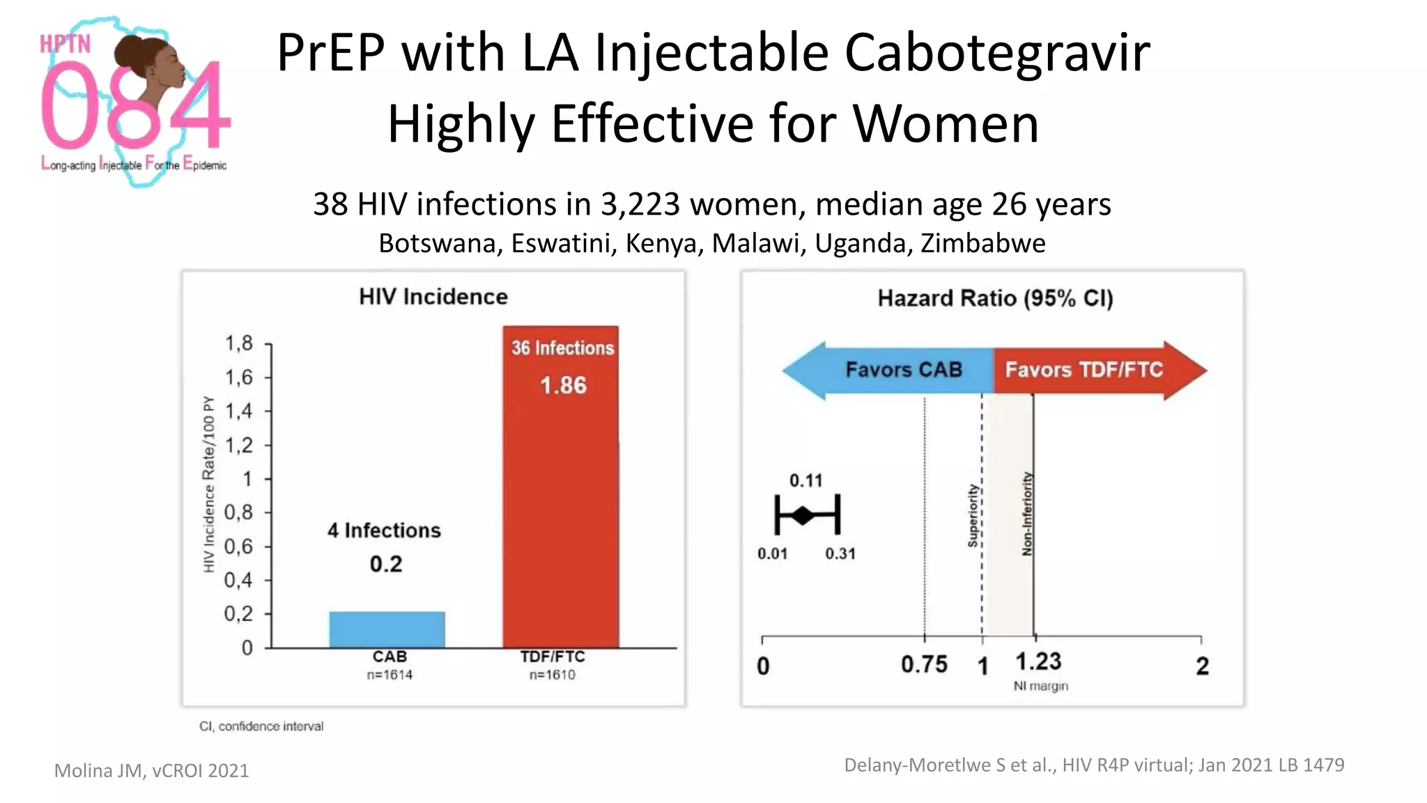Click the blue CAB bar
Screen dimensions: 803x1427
click(387, 629)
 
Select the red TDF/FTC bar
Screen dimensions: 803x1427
click(560, 516)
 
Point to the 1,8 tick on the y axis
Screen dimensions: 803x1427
click(239, 344)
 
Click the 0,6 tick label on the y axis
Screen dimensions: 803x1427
click(239, 546)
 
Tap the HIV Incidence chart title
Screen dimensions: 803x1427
click(433, 297)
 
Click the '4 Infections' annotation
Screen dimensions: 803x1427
click(384, 530)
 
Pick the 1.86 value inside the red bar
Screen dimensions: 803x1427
click(563, 385)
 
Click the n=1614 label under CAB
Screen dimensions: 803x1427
click(389, 675)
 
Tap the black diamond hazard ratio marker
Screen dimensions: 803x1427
click(803, 516)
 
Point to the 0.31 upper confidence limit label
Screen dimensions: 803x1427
click(840, 554)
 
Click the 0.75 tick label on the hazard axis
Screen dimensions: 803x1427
click(924, 664)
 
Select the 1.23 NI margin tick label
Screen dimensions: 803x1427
click(1038, 661)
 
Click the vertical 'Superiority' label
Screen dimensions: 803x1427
click(973, 516)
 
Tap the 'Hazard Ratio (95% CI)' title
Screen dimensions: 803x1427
click(995, 298)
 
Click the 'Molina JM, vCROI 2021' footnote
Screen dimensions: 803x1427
click(151, 770)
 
